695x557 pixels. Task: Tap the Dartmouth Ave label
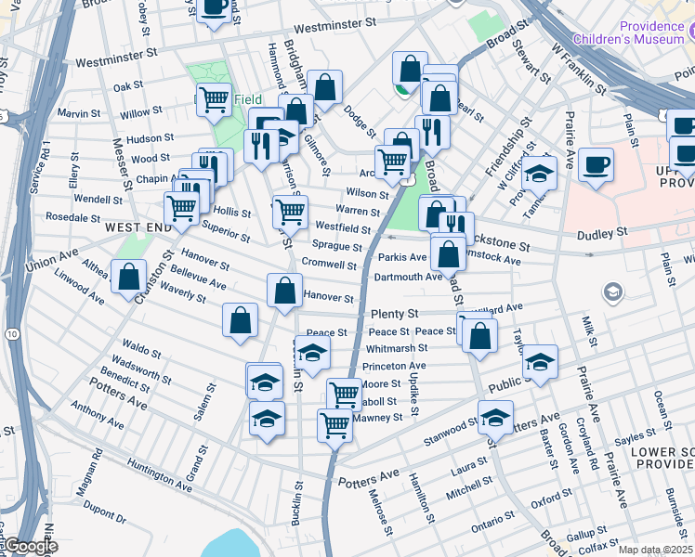tap(408, 277)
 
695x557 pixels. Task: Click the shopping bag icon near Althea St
tap(128, 276)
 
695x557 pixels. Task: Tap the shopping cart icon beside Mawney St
tap(334, 425)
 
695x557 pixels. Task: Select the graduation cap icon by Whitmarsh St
tap(313, 351)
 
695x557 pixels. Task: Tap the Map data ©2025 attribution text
tap(655, 550)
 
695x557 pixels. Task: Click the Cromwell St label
tap(330, 265)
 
